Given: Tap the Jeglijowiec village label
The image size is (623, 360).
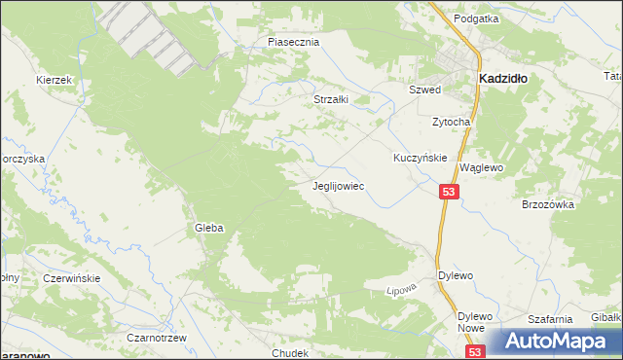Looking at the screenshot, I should tap(338, 184).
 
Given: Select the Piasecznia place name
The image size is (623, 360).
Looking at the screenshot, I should tap(293, 43).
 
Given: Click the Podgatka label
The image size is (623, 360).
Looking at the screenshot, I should tap(476, 18).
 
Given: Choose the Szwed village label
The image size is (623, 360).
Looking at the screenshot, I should tap(424, 90).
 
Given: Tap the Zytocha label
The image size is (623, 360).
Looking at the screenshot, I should tap(452, 122).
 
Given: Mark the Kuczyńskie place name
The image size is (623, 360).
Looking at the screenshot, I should tap(420, 157).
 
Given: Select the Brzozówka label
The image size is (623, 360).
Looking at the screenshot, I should tap(550, 205).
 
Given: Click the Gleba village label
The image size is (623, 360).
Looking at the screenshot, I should tap(208, 228).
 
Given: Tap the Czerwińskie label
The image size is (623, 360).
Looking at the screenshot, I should tap(72, 278).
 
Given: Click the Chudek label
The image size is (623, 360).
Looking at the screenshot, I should tap(291, 353).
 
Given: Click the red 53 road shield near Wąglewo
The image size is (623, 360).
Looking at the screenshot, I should tap(448, 193).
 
